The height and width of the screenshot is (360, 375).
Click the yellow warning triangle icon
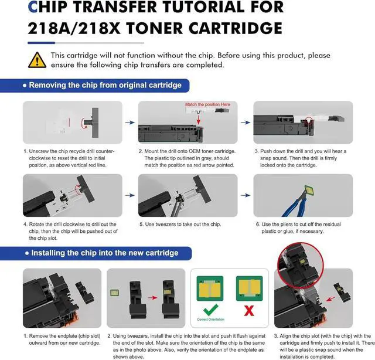36,59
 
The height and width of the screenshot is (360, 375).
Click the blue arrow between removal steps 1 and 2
130,124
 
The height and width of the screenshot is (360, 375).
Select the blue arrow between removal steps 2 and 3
246,124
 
